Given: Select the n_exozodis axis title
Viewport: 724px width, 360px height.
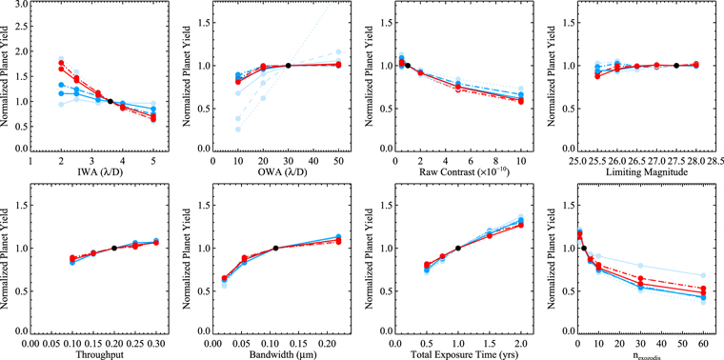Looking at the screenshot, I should (633, 354).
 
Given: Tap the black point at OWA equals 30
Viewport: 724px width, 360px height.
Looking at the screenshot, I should (288, 66).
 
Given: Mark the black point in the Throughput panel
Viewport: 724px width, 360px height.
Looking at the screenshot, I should (114, 248).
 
